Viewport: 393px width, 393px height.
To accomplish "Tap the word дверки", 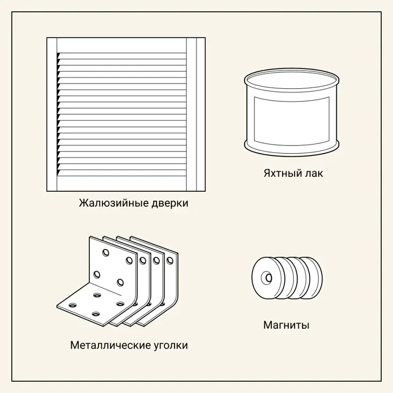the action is [x=170, y=203].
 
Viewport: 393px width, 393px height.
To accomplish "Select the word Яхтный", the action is [x=282, y=173].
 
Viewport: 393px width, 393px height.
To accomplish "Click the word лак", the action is [x=313, y=173].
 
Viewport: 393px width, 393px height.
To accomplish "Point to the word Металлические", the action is [x=110, y=345].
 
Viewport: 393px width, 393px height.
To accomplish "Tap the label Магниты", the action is [x=286, y=325].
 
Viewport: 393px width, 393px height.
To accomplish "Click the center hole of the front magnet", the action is [x=268, y=278].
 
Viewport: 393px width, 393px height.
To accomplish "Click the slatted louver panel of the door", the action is [x=122, y=114].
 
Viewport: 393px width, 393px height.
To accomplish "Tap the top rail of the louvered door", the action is [x=122, y=46].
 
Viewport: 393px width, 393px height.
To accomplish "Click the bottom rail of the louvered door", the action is [x=122, y=184].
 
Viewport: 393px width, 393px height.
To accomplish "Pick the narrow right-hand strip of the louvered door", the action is [x=201, y=115].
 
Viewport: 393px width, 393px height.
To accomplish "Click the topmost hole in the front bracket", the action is [x=106, y=252].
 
